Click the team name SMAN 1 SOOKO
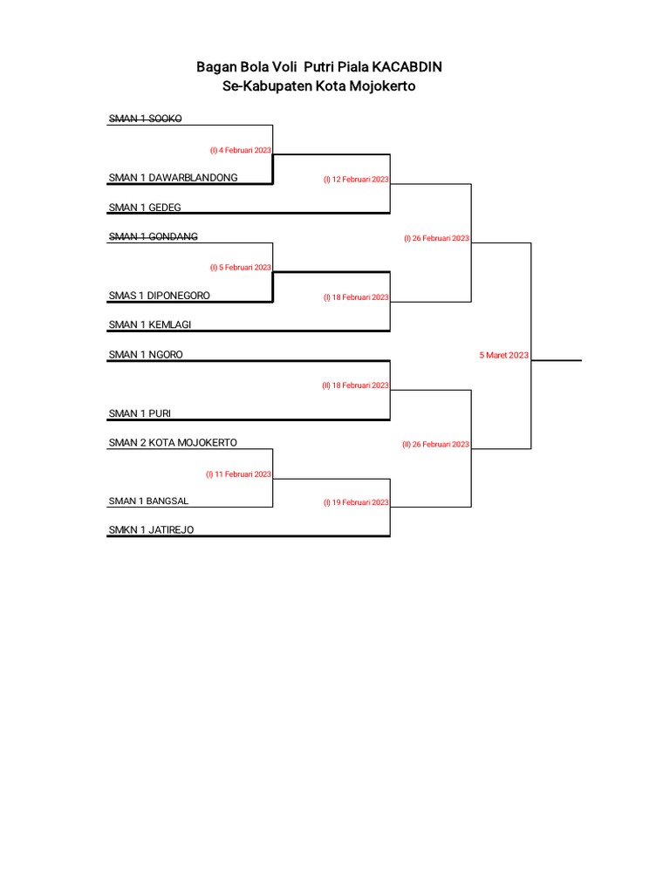click(145, 118)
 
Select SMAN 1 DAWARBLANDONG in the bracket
click(173, 178)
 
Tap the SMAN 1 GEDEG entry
click(145, 208)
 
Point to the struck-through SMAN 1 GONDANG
click(153, 236)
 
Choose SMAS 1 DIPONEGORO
click(159, 296)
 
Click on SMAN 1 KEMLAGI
click(150, 324)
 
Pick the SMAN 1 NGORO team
click(146, 355)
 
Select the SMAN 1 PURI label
click(140, 413)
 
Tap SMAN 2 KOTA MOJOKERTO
click(173, 443)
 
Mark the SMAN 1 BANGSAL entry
click(148, 501)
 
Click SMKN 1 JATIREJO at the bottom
click(151, 530)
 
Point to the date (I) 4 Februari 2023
click(240, 150)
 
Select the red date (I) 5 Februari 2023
click(240, 268)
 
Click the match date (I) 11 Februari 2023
click(238, 474)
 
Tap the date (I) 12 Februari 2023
click(356, 180)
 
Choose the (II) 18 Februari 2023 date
click(355, 385)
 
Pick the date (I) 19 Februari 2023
click(356, 503)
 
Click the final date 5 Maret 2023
click(503, 356)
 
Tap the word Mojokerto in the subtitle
click(369, 86)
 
